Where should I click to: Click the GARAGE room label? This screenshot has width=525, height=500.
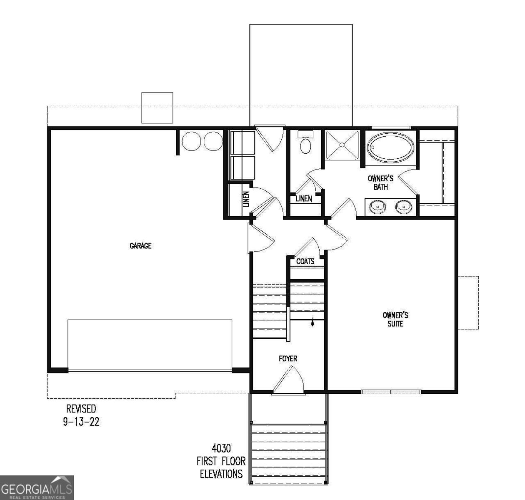(x=140, y=246)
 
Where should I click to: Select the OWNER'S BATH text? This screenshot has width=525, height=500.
(x=380, y=183)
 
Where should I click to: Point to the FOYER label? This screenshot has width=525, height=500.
(x=288, y=359)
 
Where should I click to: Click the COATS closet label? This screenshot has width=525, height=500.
(x=305, y=262)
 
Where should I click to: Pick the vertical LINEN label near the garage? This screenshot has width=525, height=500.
(x=246, y=200)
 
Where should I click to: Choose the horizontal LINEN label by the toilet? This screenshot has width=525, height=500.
(x=304, y=199)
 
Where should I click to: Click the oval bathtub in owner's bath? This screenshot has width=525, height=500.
(x=390, y=148)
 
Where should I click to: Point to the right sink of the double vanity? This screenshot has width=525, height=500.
(x=403, y=207)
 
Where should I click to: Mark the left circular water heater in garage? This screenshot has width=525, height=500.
(x=191, y=141)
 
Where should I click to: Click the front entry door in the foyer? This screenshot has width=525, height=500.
(x=288, y=380)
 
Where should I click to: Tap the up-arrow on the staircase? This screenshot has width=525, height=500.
(x=312, y=323)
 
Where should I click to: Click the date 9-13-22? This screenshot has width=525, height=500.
(x=81, y=422)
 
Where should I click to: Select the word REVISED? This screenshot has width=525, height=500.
(x=81, y=408)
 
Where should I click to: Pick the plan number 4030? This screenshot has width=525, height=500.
(x=221, y=448)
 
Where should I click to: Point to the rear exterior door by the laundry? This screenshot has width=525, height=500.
(x=269, y=137)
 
